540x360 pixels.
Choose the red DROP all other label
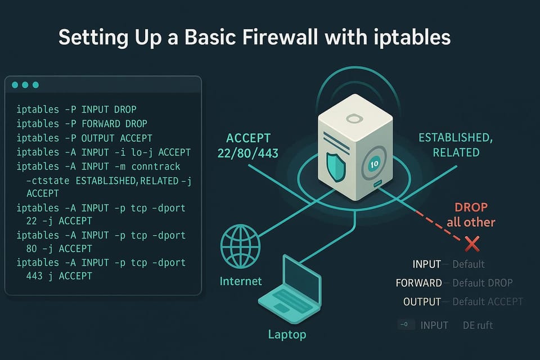coord(471,215)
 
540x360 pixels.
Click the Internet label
coord(240,281)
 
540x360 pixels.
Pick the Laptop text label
coord(287,335)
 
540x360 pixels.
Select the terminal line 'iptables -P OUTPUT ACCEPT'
coord(84,138)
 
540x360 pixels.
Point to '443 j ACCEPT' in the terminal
coord(59,276)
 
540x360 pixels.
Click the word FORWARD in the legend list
coord(418,283)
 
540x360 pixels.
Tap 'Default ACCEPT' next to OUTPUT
coord(487,302)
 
